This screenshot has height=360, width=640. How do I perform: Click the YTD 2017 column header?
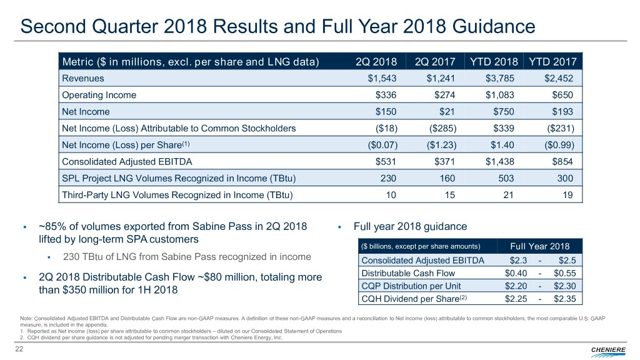pyautogui.click(x=552, y=61)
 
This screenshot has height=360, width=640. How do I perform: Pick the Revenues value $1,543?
pyautogui.click(x=382, y=79)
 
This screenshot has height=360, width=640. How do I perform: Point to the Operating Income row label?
pyautogui.click(x=99, y=96)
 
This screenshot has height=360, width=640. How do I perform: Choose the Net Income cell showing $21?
pyautogui.click(x=446, y=112)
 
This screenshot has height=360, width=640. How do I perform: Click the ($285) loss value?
pyautogui.click(x=442, y=129)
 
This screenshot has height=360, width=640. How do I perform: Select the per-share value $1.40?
pyautogui.click(x=504, y=146)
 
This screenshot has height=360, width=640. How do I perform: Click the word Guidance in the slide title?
pyautogui.click(x=489, y=27)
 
